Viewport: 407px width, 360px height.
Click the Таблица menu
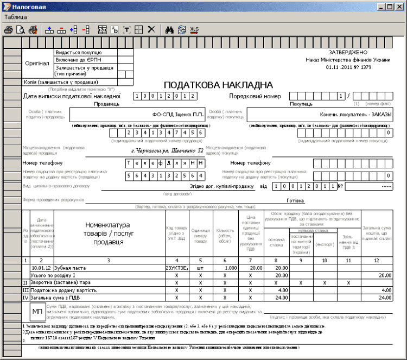click(x=15, y=17)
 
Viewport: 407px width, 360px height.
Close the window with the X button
click(x=399, y=7)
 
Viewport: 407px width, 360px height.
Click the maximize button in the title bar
click(x=389, y=7)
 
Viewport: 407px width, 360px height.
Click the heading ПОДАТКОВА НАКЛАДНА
click(x=215, y=85)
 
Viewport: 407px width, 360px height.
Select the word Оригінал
click(x=37, y=63)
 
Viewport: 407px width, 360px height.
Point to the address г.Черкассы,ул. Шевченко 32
click(x=168, y=150)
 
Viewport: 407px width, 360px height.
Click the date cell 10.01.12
click(x=41, y=268)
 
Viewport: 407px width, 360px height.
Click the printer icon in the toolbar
click(x=9, y=30)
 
